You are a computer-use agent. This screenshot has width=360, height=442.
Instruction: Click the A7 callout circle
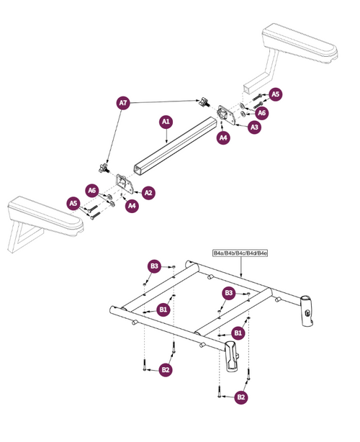pos(123,104)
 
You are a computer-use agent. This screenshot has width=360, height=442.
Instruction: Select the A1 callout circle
pos(166,122)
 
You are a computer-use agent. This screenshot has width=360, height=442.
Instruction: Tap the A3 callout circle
pos(254,127)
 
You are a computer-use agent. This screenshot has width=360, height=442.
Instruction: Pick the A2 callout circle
pos(148,193)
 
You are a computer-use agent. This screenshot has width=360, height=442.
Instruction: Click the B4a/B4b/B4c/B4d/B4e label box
pos(240,253)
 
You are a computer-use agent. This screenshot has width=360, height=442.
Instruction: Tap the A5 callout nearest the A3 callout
pos(276,94)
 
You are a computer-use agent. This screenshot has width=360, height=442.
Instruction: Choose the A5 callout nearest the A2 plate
pos(73,204)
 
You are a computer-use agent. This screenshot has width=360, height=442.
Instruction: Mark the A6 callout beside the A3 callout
pos(262,113)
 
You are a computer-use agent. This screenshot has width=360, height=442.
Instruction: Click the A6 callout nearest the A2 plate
pos(91,190)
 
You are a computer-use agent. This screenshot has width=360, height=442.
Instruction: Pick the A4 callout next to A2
pos(132,207)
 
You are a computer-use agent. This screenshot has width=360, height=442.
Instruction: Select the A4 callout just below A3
pos(223,137)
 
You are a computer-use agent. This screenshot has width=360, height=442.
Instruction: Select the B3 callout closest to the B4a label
pos(228,293)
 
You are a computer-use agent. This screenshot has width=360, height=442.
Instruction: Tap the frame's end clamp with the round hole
pos(307,306)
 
